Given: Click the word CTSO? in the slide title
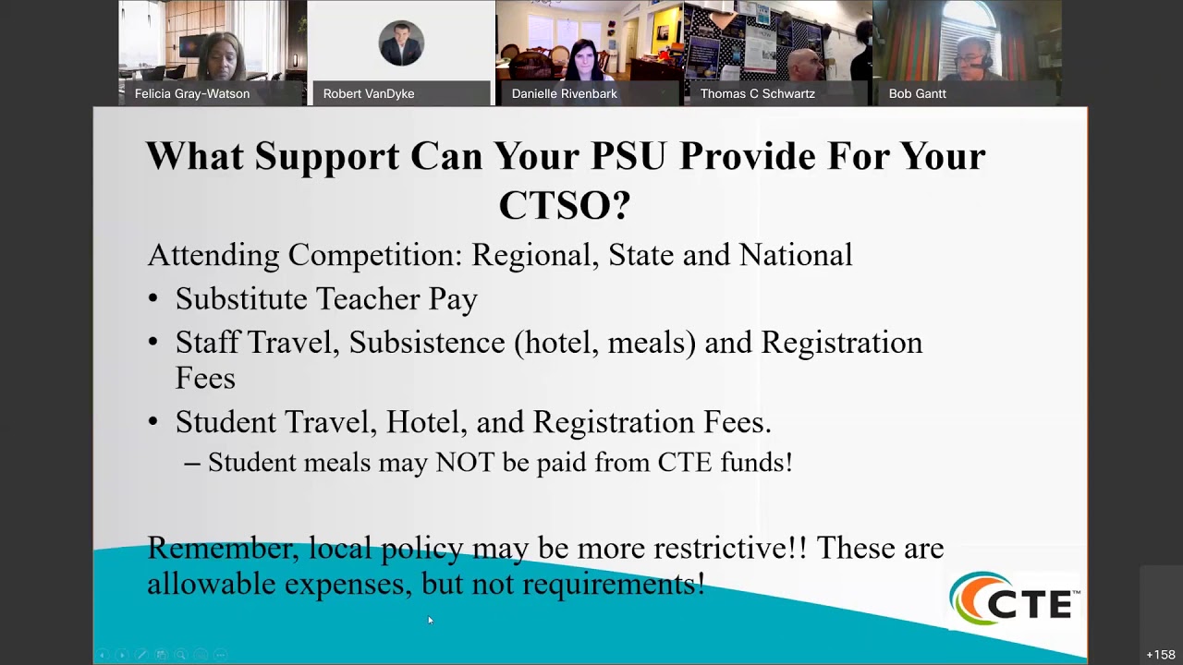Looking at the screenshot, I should (x=564, y=205).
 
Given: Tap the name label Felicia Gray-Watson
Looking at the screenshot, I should (x=192, y=93).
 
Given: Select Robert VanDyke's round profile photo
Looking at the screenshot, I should (x=401, y=43).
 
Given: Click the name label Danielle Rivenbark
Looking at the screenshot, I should (x=564, y=93).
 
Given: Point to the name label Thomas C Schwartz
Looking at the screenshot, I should (x=757, y=93).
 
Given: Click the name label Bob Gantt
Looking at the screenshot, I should (x=917, y=93).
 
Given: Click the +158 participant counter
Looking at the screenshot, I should (x=1160, y=655).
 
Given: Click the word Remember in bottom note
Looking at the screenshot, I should (x=221, y=548).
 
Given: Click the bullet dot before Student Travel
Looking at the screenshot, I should (x=153, y=422).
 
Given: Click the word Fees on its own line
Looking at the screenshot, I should (x=205, y=378).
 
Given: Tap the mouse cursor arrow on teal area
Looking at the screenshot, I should (x=430, y=620).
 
